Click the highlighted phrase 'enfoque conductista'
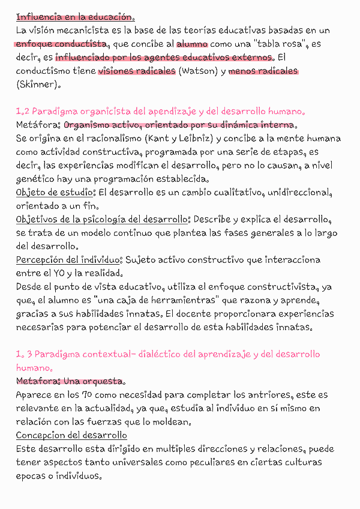pos(60,44)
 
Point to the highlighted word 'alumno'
pos(192,44)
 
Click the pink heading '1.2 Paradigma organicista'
pos(161,112)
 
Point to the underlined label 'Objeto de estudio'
pos(55,193)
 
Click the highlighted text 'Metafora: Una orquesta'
pos(70,381)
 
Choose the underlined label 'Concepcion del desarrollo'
pos(71,435)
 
